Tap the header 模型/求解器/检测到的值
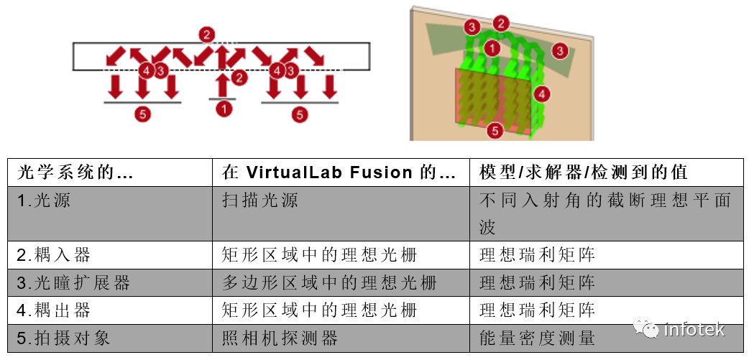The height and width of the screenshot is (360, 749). [584, 173]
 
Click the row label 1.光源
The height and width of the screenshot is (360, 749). [45, 200]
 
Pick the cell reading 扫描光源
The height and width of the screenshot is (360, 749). [260, 200]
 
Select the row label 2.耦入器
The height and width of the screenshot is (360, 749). [54, 254]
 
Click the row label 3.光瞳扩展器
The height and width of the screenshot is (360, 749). [73, 282]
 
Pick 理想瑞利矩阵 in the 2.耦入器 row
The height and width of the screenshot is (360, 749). [538, 254]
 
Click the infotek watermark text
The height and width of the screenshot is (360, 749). [694, 330]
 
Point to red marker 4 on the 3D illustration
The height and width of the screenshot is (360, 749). [543, 93]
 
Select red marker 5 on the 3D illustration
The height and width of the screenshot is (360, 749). [494, 131]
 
